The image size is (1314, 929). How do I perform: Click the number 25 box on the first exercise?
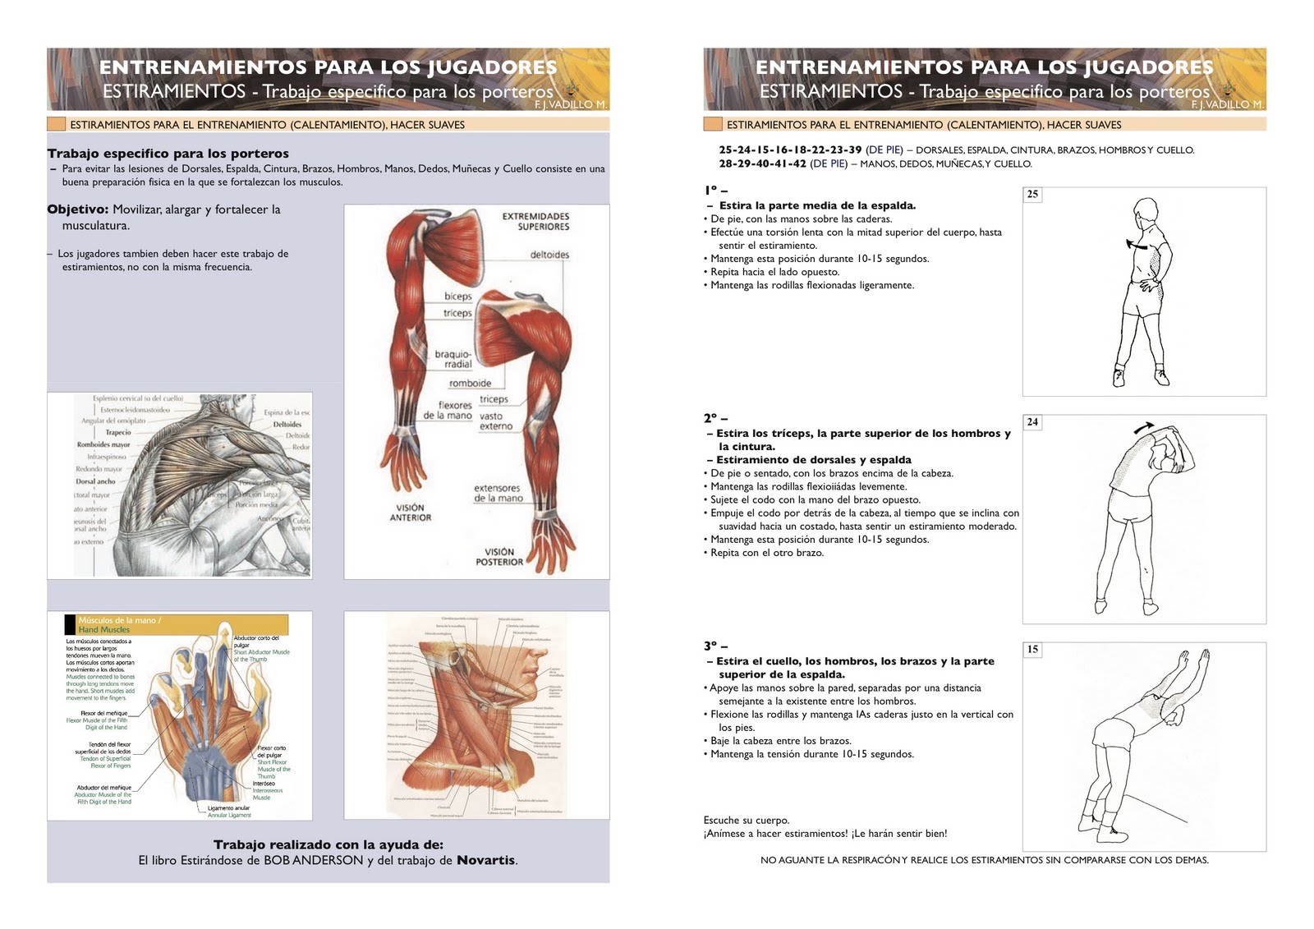pyautogui.click(x=1032, y=195)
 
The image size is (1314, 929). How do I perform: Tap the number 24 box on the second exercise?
pyautogui.click(x=1032, y=422)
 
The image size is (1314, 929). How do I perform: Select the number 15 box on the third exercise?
pyautogui.click(x=1032, y=650)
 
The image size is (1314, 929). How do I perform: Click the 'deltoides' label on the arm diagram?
pyautogui.click(x=549, y=255)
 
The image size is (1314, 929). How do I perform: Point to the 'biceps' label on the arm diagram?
pyautogui.click(x=458, y=297)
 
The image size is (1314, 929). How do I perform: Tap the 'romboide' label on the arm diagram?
pyautogui.click(x=470, y=384)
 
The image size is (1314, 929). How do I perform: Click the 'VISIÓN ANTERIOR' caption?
pyautogui.click(x=410, y=513)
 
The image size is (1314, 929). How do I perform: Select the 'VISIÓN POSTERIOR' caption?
pyautogui.click(x=498, y=557)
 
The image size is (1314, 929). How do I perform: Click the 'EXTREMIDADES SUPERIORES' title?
pyautogui.click(x=535, y=221)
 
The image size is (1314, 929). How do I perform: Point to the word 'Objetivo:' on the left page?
pyautogui.click(x=78, y=209)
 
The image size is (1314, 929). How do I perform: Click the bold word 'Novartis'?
pyautogui.click(x=486, y=860)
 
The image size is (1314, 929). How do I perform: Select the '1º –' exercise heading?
pyautogui.click(x=715, y=191)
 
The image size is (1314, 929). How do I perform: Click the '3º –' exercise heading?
pyautogui.click(x=715, y=646)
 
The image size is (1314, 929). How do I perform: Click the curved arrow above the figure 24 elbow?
pyautogui.click(x=1142, y=427)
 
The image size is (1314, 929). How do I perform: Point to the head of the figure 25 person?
pyautogui.click(x=1146, y=212)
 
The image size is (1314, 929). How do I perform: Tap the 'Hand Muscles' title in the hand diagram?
pyautogui.click(x=103, y=630)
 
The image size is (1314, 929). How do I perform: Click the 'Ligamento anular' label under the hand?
pyautogui.click(x=228, y=808)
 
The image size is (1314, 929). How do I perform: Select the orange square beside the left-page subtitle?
pyautogui.click(x=57, y=125)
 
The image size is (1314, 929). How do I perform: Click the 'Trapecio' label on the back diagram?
pyautogui.click(x=117, y=432)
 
